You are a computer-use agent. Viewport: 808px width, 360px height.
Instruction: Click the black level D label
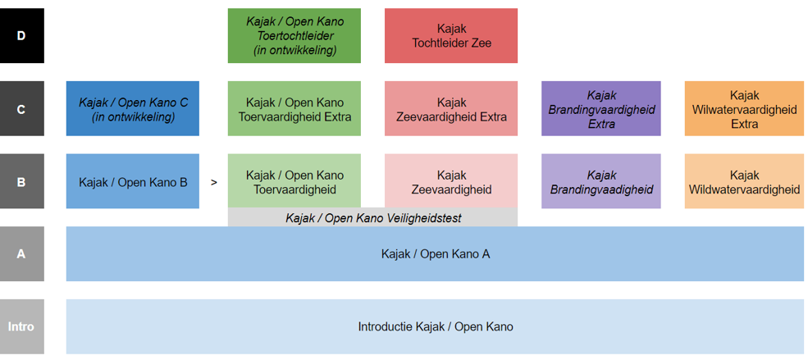[21, 35]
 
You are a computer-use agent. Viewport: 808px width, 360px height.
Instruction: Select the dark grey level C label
[21, 109]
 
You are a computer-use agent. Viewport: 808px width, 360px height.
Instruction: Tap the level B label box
[21, 181]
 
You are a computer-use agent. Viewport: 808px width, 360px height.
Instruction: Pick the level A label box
[21, 254]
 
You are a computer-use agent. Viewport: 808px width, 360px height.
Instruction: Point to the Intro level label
[21, 326]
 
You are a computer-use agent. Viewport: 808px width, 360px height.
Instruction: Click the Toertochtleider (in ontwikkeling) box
[294, 35]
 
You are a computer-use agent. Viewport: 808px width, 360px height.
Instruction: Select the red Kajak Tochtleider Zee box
[451, 35]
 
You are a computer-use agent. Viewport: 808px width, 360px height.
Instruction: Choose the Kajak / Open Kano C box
[132, 109]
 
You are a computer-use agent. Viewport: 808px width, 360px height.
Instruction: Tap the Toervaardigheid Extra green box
[294, 109]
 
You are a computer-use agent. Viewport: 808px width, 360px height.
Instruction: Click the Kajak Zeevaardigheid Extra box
[451, 109]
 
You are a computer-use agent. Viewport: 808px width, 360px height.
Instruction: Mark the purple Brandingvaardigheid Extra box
[600, 109]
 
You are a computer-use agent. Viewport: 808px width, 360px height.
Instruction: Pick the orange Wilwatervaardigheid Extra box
[744, 109]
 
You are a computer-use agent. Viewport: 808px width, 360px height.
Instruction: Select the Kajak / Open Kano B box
[132, 181]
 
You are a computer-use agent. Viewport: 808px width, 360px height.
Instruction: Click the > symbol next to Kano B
[214, 182]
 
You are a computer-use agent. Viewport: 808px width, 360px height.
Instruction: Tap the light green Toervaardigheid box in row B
[294, 181]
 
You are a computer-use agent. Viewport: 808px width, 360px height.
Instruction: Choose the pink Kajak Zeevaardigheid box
[451, 181]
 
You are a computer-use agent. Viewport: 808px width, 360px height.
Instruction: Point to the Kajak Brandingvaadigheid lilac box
[600, 181]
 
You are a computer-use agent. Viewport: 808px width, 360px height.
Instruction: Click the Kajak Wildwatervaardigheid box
[744, 181]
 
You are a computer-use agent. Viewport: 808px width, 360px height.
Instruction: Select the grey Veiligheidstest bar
[372, 218]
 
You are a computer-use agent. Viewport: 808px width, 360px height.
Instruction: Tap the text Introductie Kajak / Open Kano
[436, 326]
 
